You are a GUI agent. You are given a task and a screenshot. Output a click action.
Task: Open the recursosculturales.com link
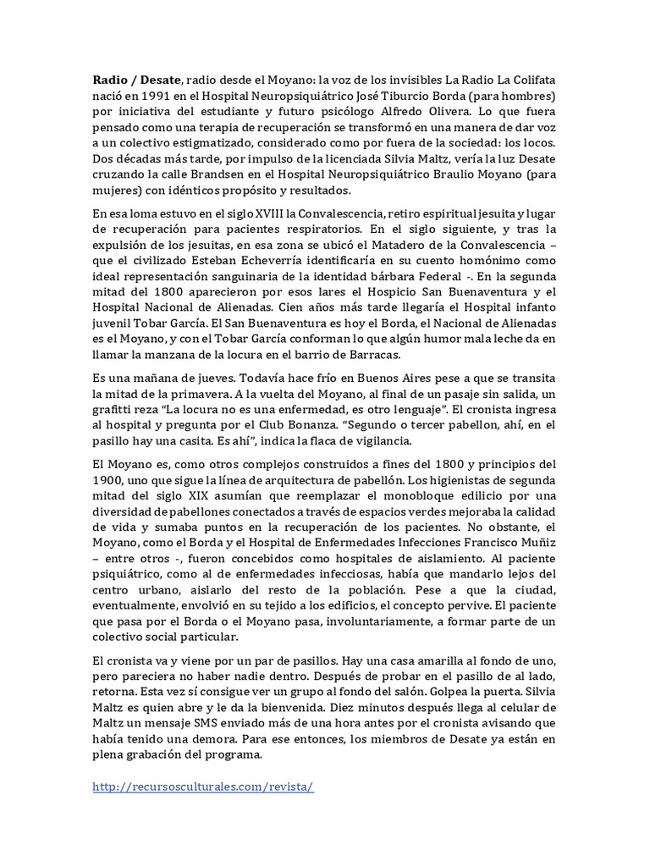(x=203, y=787)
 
